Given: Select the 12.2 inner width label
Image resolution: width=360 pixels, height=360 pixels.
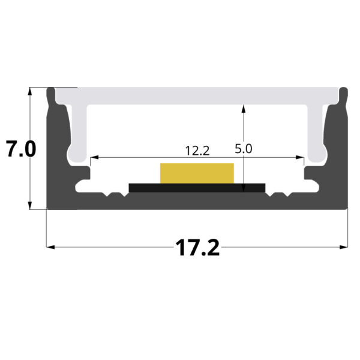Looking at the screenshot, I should click(197, 151).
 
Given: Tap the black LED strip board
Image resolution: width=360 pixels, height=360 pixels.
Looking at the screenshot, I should click(197, 188).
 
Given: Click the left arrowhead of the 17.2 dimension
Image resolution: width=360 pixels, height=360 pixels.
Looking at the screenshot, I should click(50, 247).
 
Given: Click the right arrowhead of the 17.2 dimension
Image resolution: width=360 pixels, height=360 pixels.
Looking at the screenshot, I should click(344, 247).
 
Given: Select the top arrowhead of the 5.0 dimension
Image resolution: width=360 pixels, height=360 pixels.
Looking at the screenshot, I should click(243, 109).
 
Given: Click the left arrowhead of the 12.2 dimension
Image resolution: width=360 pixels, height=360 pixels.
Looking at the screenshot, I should click(92, 158).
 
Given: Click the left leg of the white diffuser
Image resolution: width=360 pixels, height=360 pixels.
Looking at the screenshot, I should click(79, 135).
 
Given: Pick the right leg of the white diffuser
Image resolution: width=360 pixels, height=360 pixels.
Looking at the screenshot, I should click(316, 135).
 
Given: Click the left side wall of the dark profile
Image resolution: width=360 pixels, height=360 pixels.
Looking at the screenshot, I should click(55, 156).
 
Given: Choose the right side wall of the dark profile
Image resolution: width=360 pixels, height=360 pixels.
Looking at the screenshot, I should click(340, 156).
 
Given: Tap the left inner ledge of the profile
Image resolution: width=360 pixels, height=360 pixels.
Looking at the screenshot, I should click(83, 176).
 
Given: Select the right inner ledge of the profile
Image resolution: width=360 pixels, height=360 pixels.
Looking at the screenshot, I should click(311, 176).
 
